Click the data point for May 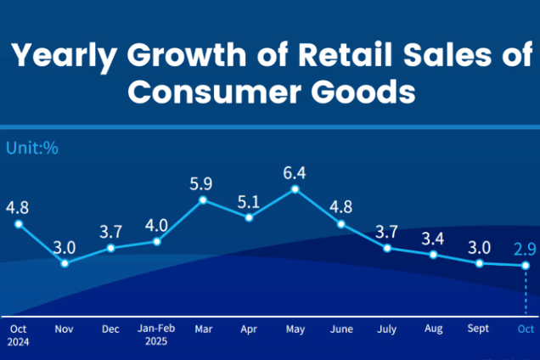(295, 188)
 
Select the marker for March (203, 200)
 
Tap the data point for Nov (65, 263)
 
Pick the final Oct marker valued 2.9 (526, 266)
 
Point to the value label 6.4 (295, 172)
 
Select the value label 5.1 (249, 202)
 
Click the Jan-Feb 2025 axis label (156, 335)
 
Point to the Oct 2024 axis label (18, 335)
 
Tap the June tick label (340, 328)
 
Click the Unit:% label (32, 147)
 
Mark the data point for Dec (110, 248)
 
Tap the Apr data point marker (249, 217)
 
